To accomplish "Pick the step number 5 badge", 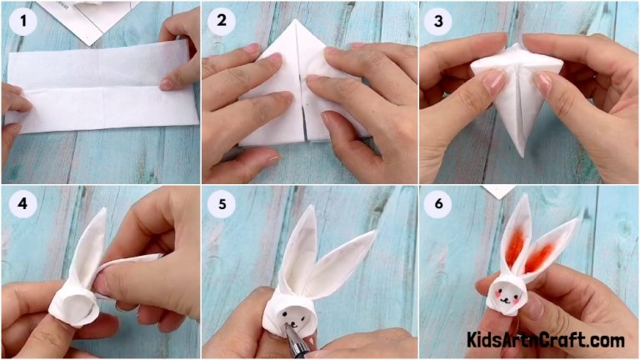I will [x=226, y=205].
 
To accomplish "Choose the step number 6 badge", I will [x=439, y=205].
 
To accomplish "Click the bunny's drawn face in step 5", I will [x=291, y=316].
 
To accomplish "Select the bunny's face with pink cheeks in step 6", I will [x=505, y=293].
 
